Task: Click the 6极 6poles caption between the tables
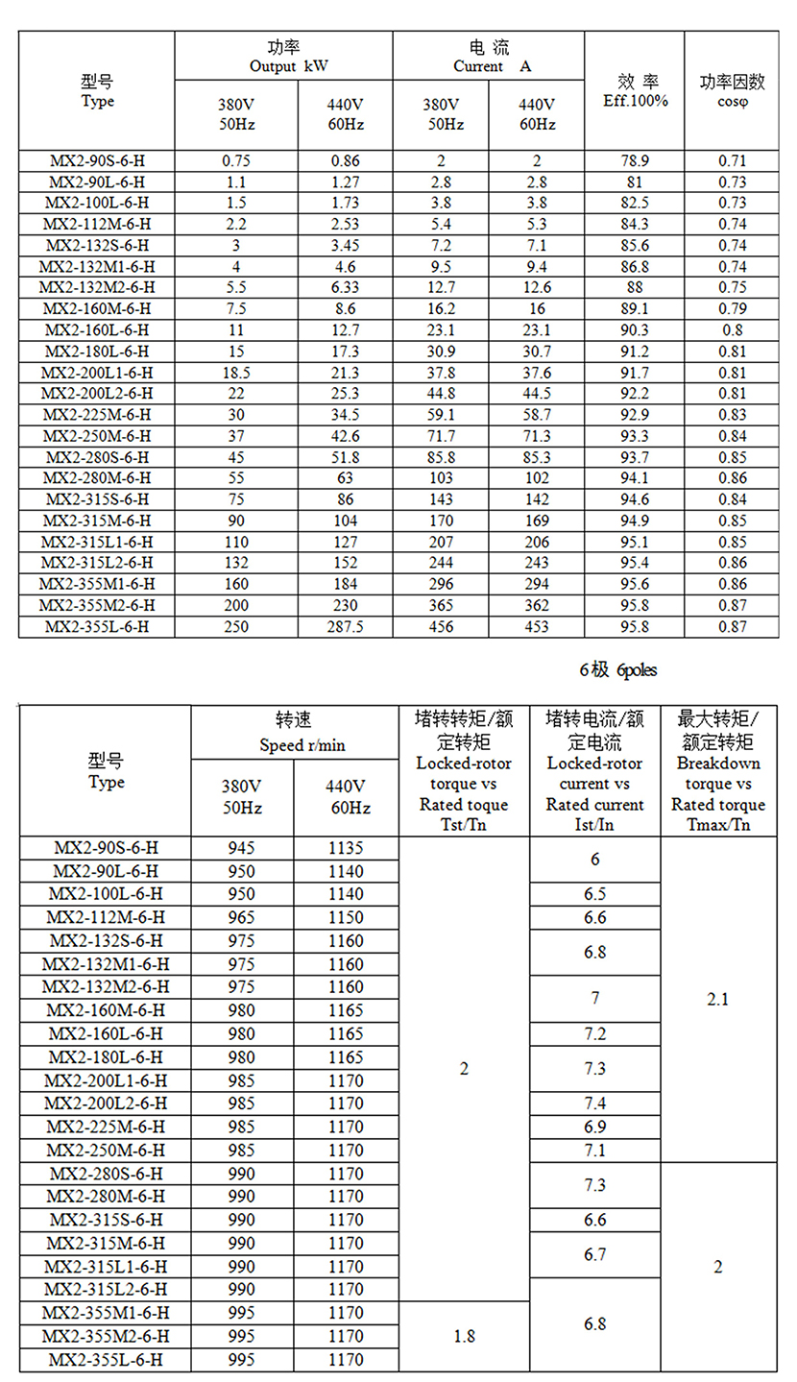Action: tap(617, 670)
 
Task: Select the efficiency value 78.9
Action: tap(635, 160)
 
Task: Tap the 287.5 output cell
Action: tap(345, 626)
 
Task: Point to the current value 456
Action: tap(441, 626)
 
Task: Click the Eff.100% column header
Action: tap(635, 100)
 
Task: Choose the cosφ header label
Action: tap(732, 101)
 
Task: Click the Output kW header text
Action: tap(283, 66)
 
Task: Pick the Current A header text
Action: tap(488, 66)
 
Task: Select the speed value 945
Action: tap(242, 848)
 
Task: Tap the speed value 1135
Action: tap(346, 848)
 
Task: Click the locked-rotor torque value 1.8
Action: tap(464, 1336)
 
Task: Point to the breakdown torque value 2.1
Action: tap(717, 999)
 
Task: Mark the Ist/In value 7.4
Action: tap(595, 1103)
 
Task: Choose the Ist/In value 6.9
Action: tap(595, 1127)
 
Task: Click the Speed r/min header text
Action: tap(294, 744)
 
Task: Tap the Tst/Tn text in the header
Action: tap(464, 824)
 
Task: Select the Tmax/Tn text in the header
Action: tap(718, 824)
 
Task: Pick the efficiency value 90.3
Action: tap(635, 329)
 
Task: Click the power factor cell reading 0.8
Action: tap(732, 329)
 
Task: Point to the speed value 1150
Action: tap(346, 918)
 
